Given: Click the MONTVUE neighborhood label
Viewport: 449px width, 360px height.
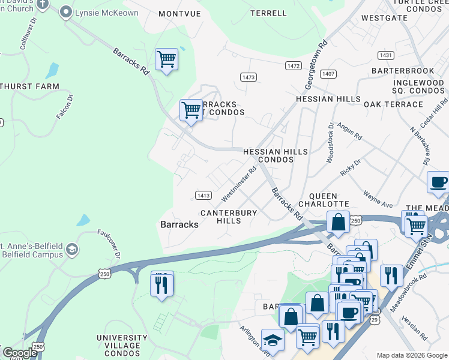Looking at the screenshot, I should [179, 13].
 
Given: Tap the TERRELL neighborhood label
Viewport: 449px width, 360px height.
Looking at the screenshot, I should [268, 13].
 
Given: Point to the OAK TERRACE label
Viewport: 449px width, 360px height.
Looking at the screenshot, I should [393, 104].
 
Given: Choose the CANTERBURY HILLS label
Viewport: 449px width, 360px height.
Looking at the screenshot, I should [229, 217].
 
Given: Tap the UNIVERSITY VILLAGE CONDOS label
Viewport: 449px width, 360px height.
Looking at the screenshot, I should [122, 342].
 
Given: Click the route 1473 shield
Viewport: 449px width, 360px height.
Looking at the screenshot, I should [249, 77].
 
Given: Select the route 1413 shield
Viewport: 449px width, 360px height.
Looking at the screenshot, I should [203, 196].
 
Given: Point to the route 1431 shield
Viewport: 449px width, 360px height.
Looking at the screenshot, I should [386, 55].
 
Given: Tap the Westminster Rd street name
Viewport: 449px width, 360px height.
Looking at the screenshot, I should [239, 184].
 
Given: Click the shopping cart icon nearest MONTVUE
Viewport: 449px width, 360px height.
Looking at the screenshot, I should [166, 59].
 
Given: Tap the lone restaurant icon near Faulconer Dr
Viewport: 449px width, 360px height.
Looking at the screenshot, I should [161, 284].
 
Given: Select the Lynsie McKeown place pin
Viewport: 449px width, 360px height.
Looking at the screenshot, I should [66, 12].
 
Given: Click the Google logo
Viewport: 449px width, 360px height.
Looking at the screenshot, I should [19, 352].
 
